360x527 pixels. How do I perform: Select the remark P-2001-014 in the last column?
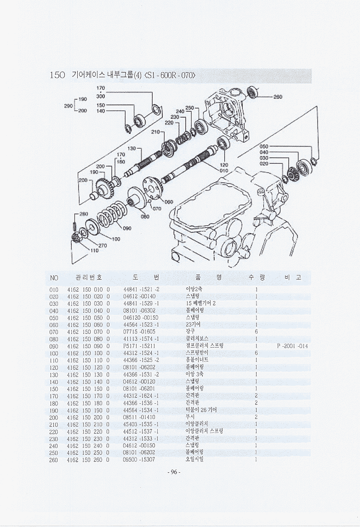(292, 345)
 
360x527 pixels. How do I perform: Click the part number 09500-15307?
(139, 459)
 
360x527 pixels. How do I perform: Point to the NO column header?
(54, 278)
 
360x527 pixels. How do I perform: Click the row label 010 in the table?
(54, 289)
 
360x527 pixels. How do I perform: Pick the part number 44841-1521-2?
(142, 289)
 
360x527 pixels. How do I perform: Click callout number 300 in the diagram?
(101, 97)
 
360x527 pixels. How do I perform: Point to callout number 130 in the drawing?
(131, 149)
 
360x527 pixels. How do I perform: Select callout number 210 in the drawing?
(155, 132)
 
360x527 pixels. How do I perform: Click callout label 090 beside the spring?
(127, 228)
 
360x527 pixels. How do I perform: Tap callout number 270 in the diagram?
(103, 245)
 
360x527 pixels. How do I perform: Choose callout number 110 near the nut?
(94, 251)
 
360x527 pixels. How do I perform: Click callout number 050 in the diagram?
(264, 147)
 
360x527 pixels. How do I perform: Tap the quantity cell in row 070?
(256, 332)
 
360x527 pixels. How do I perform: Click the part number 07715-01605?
(139, 332)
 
